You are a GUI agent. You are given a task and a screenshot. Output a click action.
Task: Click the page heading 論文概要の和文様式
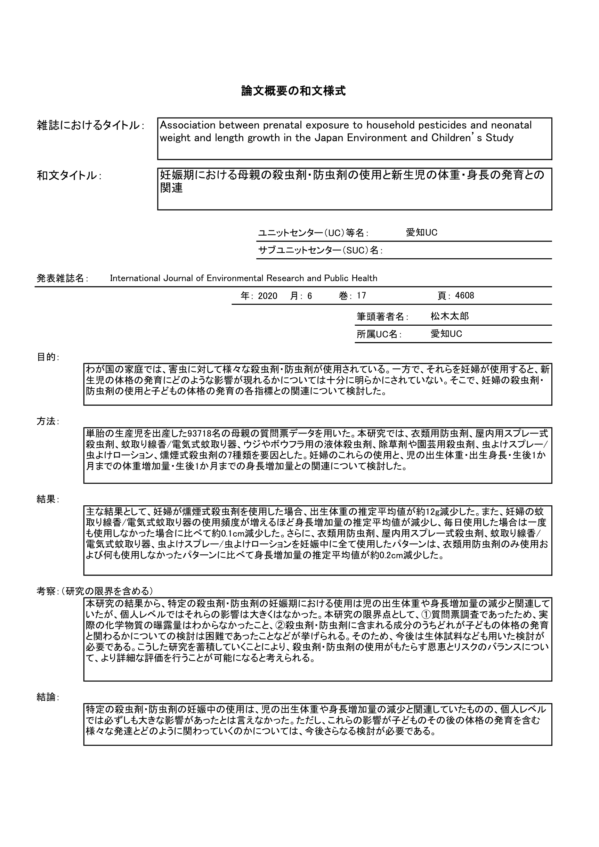tap(293, 91)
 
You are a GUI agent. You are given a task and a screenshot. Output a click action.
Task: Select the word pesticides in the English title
tap(430, 125)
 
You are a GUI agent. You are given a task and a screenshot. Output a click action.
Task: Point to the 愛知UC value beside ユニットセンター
tap(421, 233)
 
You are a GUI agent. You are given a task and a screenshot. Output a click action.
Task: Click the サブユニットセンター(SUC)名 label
tap(319, 251)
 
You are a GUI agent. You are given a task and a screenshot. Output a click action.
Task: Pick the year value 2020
tap(267, 296)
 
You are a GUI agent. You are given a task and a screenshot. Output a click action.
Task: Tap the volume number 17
tap(361, 296)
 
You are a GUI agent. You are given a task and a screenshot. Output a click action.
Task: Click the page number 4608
tap(464, 296)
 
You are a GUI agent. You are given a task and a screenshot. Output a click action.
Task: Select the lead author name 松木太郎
tap(450, 317)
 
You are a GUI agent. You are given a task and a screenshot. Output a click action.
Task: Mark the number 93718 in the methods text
tap(199, 433)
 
